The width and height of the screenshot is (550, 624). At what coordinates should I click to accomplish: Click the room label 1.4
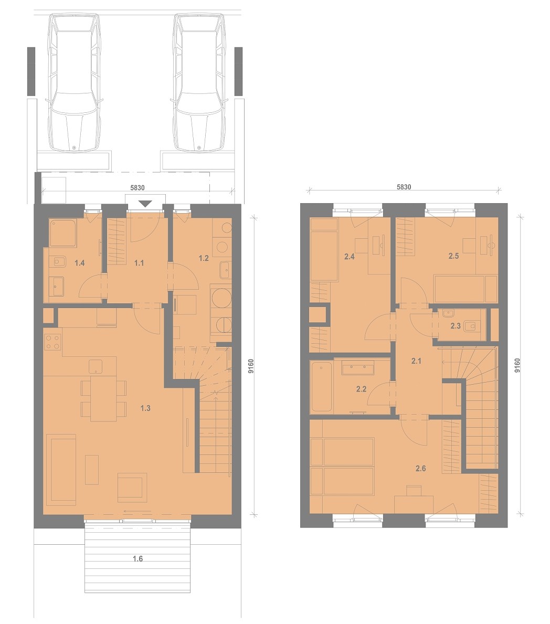click(x=80, y=262)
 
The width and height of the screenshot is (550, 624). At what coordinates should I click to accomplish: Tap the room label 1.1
click(x=139, y=262)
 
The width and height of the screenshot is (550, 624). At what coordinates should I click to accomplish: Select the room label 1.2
click(x=204, y=258)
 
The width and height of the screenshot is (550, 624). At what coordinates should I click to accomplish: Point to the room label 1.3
click(x=145, y=408)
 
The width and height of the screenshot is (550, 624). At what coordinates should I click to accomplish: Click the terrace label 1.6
click(x=137, y=559)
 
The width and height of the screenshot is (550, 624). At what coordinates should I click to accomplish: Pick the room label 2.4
click(x=350, y=257)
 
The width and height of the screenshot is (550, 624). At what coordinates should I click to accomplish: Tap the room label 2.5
click(x=453, y=256)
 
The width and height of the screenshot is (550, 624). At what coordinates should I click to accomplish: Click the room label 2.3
click(x=456, y=326)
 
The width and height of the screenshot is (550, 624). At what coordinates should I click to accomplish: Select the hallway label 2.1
click(x=416, y=361)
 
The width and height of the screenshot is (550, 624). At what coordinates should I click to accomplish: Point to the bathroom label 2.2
click(x=362, y=389)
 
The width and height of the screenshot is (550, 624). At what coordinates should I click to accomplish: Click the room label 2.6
click(x=421, y=469)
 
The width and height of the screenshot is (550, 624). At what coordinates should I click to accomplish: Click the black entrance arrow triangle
click(x=145, y=204)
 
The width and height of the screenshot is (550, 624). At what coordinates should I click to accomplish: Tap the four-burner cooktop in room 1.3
click(x=52, y=342)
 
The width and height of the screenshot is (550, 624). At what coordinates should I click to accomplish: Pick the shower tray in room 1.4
click(x=62, y=233)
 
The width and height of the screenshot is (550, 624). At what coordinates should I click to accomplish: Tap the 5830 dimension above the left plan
click(x=137, y=187)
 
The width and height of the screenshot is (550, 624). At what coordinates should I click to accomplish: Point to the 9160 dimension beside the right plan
click(x=517, y=365)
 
